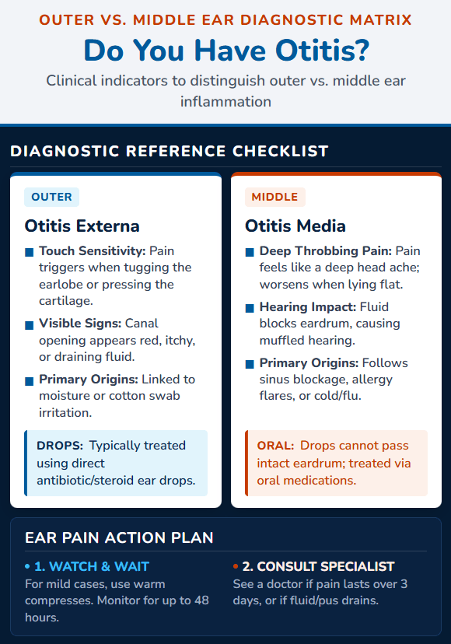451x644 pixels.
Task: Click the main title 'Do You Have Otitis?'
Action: click(226, 51)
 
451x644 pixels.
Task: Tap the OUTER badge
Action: click(52, 197)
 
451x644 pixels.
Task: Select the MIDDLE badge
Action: click(274, 197)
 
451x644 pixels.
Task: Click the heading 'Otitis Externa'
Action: click(82, 226)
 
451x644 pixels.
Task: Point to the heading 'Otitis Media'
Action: click(295, 226)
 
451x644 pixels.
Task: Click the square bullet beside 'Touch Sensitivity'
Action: click(30, 252)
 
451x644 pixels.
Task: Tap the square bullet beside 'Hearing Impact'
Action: click(250, 308)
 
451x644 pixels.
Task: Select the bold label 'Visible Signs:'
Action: click(80, 324)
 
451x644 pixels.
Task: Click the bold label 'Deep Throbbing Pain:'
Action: click(326, 251)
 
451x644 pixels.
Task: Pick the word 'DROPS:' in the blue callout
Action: click(60, 446)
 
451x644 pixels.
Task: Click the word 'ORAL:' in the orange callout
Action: click(275, 446)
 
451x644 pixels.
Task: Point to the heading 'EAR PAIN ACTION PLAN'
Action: click(119, 537)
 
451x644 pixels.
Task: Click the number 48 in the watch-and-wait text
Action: click(201, 600)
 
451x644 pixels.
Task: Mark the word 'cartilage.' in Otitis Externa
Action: click(66, 301)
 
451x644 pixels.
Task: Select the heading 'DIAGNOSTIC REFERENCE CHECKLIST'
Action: click(170, 151)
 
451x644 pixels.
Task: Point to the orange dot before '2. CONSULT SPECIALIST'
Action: click(236, 566)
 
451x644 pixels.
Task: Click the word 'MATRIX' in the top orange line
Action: click(381, 19)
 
